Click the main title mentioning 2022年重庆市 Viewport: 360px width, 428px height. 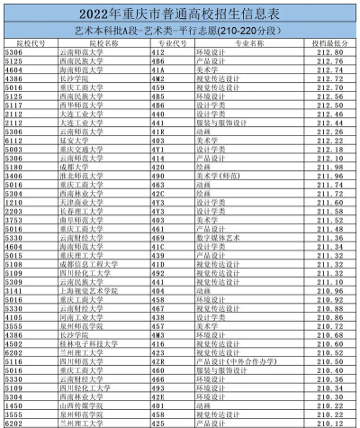(x=180, y=14)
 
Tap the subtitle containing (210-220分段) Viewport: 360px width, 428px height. (x=180, y=30)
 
